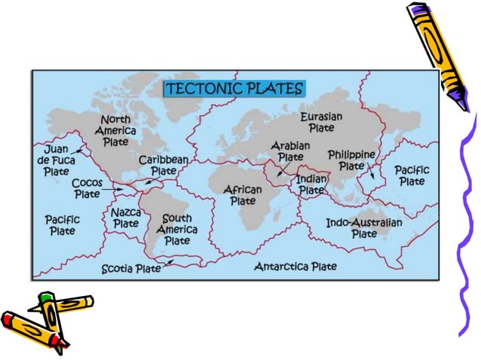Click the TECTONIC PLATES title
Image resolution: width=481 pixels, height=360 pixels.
[234, 89]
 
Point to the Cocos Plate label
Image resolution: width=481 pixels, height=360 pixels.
[87, 188]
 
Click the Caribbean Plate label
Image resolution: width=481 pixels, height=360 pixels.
[163, 166]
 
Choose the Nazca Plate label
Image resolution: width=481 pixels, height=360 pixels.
[126, 218]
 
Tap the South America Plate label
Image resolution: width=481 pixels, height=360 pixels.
[177, 230]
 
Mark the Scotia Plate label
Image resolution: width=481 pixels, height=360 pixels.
[131, 269]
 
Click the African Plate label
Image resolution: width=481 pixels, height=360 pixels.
[243, 196]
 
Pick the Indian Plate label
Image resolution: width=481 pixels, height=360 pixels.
[311, 185]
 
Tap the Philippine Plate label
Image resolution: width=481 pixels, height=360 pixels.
[351, 160]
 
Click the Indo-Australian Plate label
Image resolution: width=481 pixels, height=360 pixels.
[363, 228]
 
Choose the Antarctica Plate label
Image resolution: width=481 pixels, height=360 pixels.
[295, 267]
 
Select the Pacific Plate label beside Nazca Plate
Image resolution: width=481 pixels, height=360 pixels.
[62, 225]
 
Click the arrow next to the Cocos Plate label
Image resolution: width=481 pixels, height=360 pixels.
[116, 189]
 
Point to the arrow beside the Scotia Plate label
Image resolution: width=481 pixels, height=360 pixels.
[170, 262]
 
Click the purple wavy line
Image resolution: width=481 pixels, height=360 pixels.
[467, 226]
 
